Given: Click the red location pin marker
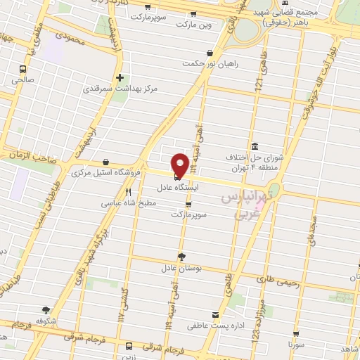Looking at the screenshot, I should tap(180, 165).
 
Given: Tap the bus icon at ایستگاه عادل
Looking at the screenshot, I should tap(176, 176).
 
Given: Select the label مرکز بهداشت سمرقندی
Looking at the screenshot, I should tap(120, 89).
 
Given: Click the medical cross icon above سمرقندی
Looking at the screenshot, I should tap(120, 77).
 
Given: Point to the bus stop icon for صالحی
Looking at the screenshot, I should tap(23, 69).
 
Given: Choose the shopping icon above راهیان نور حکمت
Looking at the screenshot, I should tap(210, 52).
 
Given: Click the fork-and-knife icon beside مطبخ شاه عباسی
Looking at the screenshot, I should tap(128, 191).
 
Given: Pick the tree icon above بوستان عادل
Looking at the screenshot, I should tap(181, 257).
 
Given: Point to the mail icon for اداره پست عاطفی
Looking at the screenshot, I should tap(216, 314).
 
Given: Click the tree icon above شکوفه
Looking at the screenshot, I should tap(46, 309).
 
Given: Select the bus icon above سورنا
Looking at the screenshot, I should tap(297, 333).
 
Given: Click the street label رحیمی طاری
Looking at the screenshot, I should tap(278, 282).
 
